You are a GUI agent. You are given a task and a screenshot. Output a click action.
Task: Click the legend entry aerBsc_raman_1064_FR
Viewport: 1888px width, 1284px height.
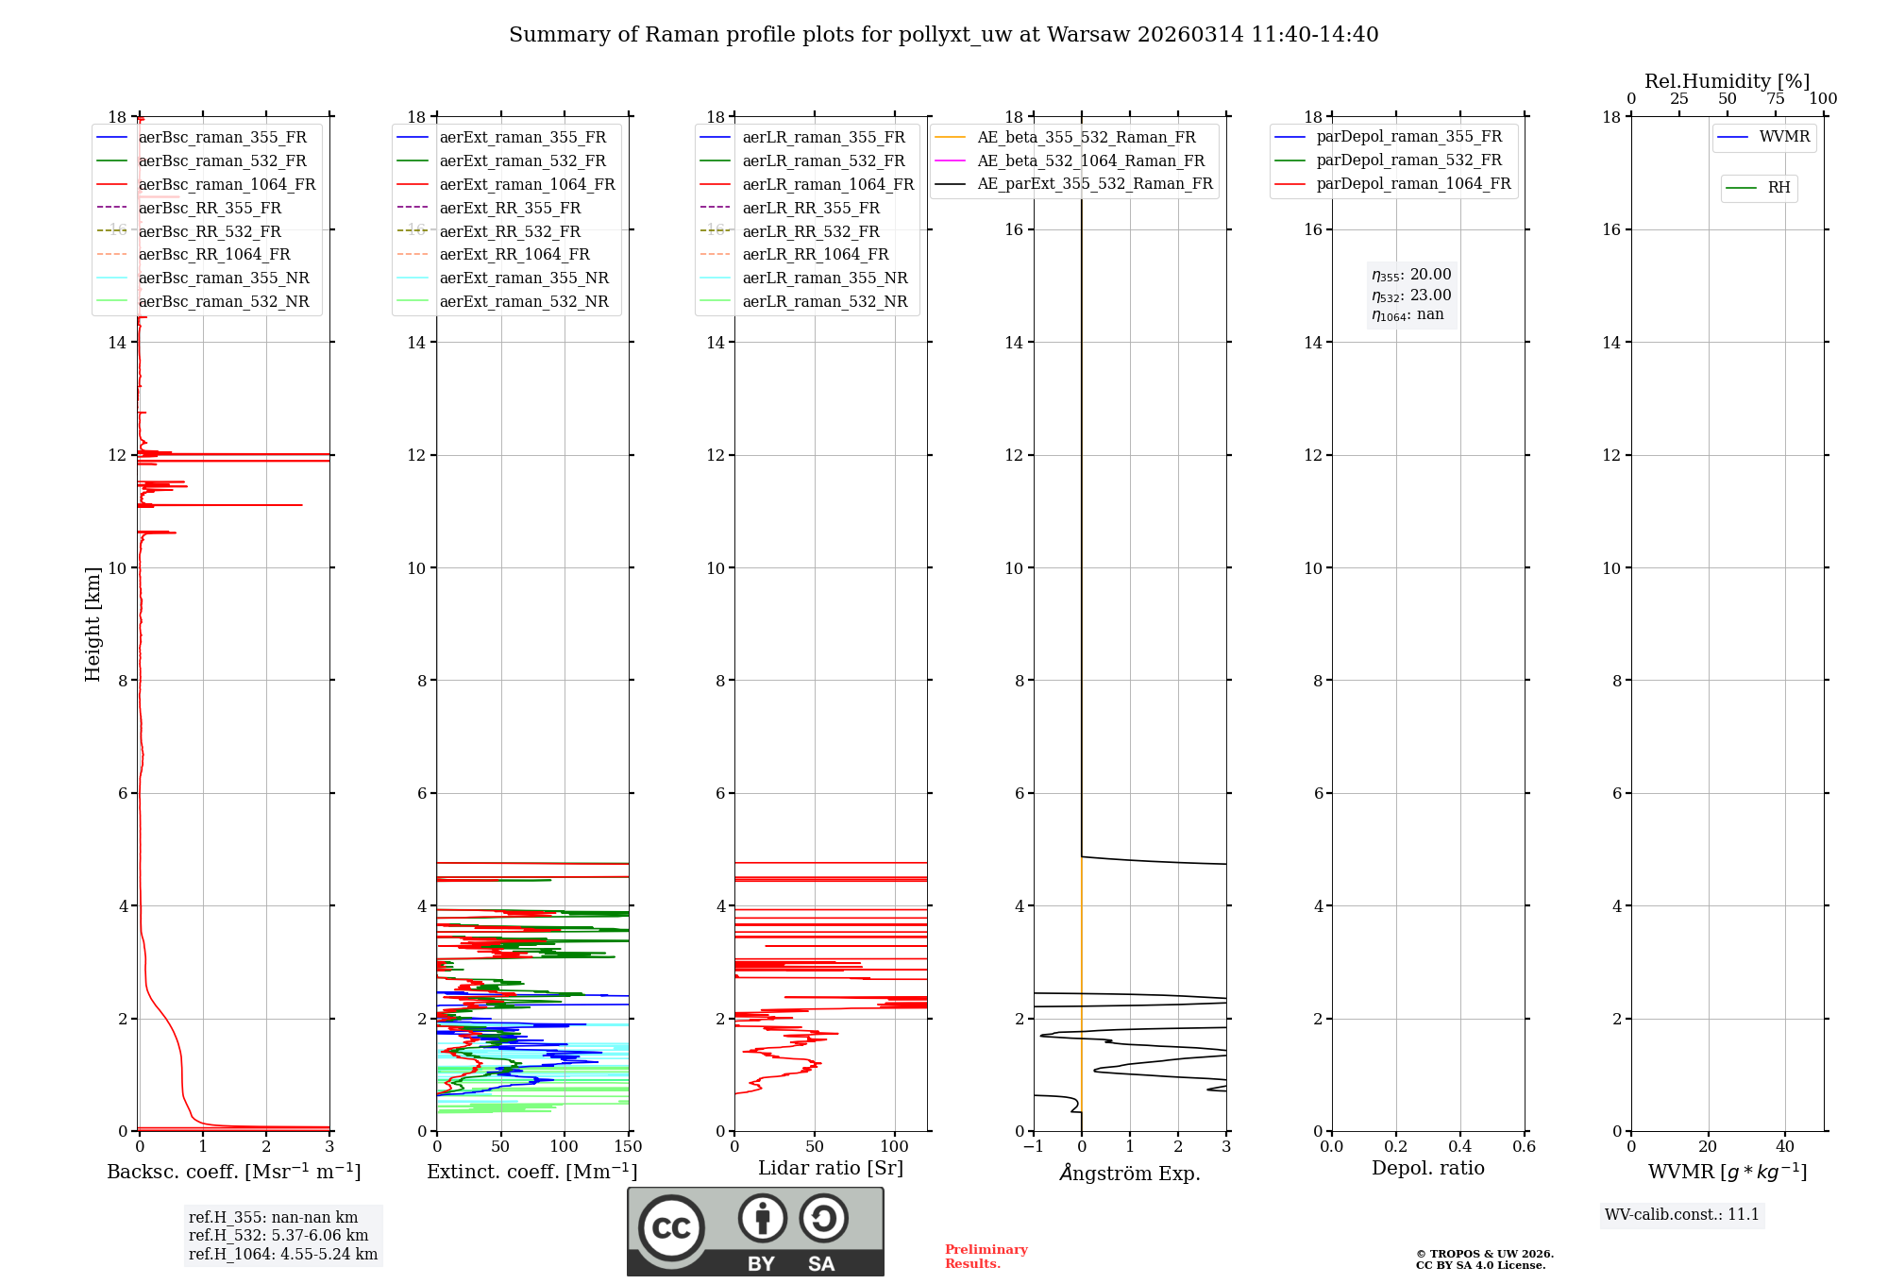(x=227, y=184)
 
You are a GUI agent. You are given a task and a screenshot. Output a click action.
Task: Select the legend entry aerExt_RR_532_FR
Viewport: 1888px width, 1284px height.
(x=510, y=231)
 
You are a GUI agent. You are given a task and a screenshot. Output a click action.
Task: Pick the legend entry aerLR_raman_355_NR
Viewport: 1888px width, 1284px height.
(x=824, y=278)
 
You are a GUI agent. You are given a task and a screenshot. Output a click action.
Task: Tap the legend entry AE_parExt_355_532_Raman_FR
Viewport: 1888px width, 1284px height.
(x=1094, y=183)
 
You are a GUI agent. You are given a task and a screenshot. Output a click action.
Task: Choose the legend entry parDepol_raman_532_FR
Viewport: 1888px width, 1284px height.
(x=1408, y=160)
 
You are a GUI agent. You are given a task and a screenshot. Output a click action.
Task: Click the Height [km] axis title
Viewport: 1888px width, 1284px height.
(x=93, y=623)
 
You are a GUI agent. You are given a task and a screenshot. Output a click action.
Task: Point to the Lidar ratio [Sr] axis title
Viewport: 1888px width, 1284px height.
(x=830, y=1168)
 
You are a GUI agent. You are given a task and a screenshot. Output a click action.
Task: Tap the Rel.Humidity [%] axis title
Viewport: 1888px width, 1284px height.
(x=1727, y=81)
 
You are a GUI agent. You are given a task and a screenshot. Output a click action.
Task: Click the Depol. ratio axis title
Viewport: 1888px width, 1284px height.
(x=1427, y=1168)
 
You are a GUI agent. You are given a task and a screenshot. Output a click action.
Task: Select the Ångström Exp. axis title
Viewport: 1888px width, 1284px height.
(x=1129, y=1173)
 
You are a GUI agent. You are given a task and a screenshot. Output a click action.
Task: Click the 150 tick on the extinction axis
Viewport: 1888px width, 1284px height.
(x=628, y=1146)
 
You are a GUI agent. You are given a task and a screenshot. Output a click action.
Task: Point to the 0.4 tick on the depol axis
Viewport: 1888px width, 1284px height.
(x=1459, y=1146)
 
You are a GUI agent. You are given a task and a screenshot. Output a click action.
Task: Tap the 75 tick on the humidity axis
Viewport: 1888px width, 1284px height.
(x=1775, y=98)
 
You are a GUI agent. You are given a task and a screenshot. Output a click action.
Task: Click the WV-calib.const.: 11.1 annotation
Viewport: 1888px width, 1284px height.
(x=1681, y=1214)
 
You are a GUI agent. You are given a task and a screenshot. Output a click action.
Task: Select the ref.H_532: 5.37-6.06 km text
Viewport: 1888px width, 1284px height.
(x=278, y=1235)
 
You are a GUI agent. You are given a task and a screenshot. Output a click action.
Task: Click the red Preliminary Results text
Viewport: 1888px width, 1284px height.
(x=986, y=1256)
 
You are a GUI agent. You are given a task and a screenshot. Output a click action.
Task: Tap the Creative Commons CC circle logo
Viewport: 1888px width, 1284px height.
(x=671, y=1227)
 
